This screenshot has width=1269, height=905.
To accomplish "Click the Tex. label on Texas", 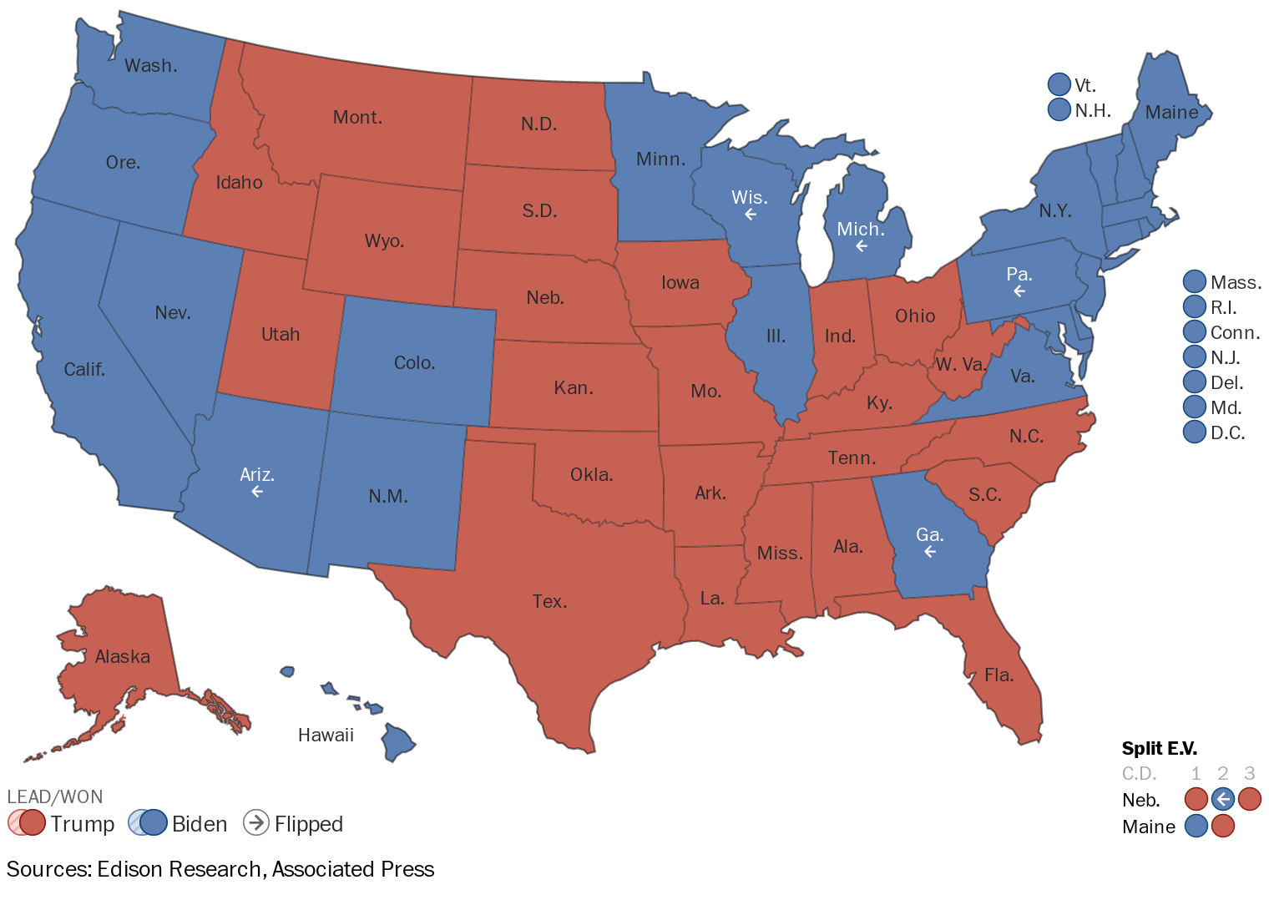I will [x=549, y=602].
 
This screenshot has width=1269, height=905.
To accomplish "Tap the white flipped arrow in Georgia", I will [x=930, y=552].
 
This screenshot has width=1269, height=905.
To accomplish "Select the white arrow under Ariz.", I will [x=257, y=492].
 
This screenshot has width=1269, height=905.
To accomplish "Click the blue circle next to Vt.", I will [x=1059, y=84].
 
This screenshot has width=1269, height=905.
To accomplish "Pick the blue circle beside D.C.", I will [x=1195, y=432].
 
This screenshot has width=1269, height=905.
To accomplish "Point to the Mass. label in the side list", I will [x=1236, y=283].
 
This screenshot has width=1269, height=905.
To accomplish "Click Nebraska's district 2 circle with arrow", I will [x=1222, y=799].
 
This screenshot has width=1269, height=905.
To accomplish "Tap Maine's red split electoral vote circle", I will [x=1222, y=826].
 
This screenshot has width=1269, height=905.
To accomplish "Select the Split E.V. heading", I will [x=1159, y=749].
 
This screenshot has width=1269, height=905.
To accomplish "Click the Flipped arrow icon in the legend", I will [x=255, y=822].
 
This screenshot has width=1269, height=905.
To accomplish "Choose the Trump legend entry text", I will [x=82, y=824].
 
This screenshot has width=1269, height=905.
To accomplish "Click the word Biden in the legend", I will [x=200, y=824].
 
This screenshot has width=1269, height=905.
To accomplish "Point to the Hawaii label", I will [x=326, y=736].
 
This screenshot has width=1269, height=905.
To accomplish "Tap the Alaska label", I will [x=123, y=657].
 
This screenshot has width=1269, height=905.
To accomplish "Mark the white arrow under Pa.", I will [x=1019, y=291].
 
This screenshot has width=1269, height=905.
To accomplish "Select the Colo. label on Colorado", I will [x=414, y=363].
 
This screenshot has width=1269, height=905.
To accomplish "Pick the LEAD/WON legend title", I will [x=55, y=796].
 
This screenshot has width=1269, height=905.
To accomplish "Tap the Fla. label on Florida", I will [x=999, y=675].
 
